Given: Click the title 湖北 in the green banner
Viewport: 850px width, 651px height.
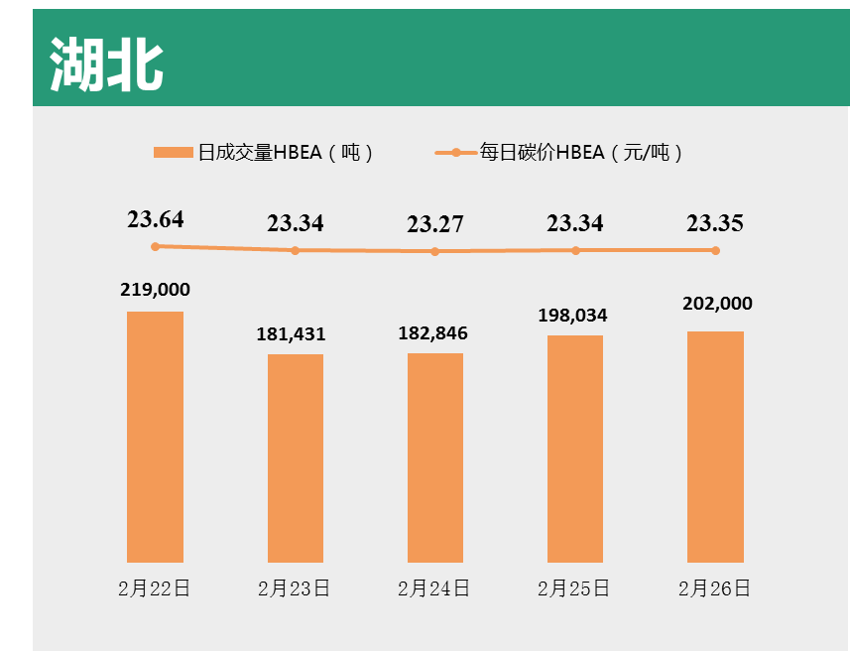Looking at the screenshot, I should [106, 65].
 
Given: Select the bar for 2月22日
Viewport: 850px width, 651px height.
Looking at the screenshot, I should [155, 437].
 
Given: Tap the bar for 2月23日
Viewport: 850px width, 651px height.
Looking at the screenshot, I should [295, 457].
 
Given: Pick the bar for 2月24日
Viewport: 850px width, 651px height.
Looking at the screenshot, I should [435, 457].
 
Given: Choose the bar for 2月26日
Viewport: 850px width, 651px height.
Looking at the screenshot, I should [715, 447].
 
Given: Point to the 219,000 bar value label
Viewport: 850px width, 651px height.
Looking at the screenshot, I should [155, 290].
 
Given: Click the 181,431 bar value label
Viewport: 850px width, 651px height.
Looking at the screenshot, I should [292, 334].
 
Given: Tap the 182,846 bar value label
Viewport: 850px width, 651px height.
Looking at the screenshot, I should [432, 333].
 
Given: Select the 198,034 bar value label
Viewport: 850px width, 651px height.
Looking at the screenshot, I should [572, 316].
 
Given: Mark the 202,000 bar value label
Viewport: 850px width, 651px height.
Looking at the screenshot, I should [717, 304].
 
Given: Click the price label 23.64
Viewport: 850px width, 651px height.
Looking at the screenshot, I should [156, 219].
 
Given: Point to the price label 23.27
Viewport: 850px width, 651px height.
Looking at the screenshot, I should [435, 224].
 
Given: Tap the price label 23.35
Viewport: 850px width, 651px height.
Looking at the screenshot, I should [715, 223].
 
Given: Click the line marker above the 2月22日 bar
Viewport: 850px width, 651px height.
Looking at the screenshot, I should [155, 246].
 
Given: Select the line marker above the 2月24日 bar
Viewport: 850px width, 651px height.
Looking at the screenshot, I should [435, 251].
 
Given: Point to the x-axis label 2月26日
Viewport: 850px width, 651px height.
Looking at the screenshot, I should [714, 588].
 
